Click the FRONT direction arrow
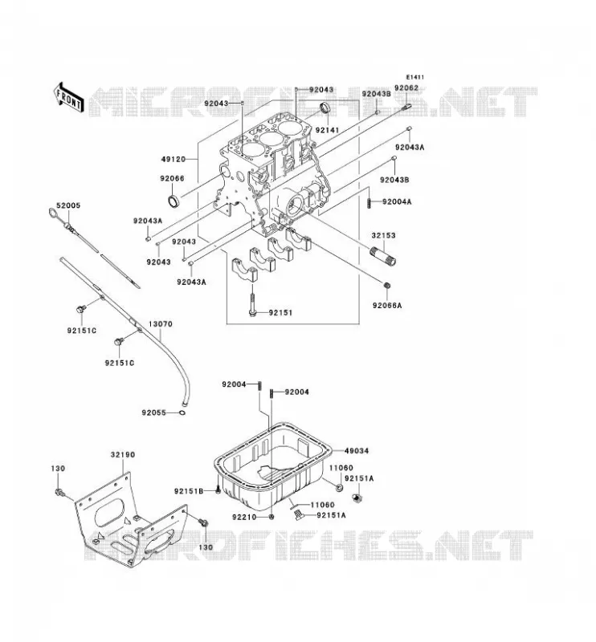click(68, 97)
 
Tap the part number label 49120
click(173, 159)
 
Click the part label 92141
click(328, 130)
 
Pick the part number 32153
click(384, 235)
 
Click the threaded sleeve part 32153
click(383, 257)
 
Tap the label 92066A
click(387, 306)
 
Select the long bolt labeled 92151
click(252, 302)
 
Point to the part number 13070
click(161, 324)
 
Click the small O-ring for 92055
click(182, 413)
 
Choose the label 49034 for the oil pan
click(357, 451)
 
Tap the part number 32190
click(123, 454)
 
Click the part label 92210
click(244, 517)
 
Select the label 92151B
click(189, 491)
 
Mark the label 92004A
click(397, 202)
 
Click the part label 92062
click(406, 87)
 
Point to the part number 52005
click(68, 205)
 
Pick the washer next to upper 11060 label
click(340, 488)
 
